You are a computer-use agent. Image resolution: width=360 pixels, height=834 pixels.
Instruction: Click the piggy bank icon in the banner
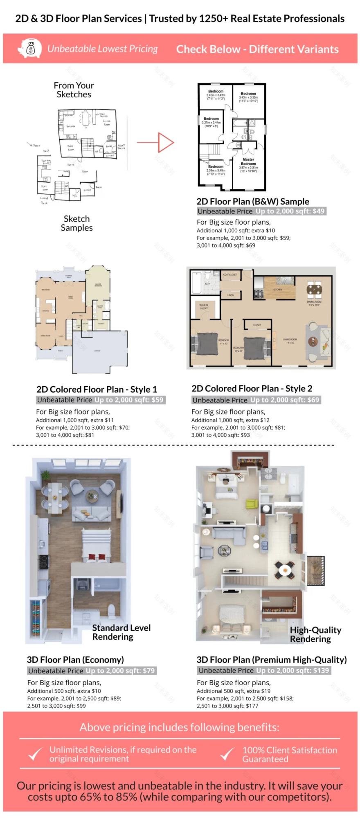(x=30, y=49)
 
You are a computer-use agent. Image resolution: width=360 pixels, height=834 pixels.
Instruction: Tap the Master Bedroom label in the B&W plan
(x=248, y=162)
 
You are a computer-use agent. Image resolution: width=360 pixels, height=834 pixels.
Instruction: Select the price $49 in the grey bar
(x=319, y=211)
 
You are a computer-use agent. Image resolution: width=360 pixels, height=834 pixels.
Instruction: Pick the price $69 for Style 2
(x=313, y=400)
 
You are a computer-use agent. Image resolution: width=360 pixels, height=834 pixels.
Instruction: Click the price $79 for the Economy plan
(x=148, y=671)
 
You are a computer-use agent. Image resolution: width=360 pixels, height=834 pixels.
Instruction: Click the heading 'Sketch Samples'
(x=76, y=223)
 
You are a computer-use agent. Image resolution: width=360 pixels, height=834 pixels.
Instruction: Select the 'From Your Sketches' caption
(x=74, y=90)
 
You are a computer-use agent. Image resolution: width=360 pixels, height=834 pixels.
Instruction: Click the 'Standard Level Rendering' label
(x=121, y=632)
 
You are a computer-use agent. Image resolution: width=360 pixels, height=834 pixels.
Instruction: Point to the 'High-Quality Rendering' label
(x=315, y=634)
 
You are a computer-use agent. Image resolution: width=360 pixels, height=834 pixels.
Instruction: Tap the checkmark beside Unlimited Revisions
(x=35, y=754)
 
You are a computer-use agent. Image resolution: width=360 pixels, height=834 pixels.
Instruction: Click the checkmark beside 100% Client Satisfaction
(x=227, y=754)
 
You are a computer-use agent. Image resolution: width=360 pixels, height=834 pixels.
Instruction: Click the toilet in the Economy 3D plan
(x=111, y=611)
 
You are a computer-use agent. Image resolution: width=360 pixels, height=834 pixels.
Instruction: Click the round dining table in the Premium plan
(x=284, y=569)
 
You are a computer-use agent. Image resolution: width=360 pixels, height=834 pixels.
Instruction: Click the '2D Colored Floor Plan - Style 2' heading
(x=252, y=389)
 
